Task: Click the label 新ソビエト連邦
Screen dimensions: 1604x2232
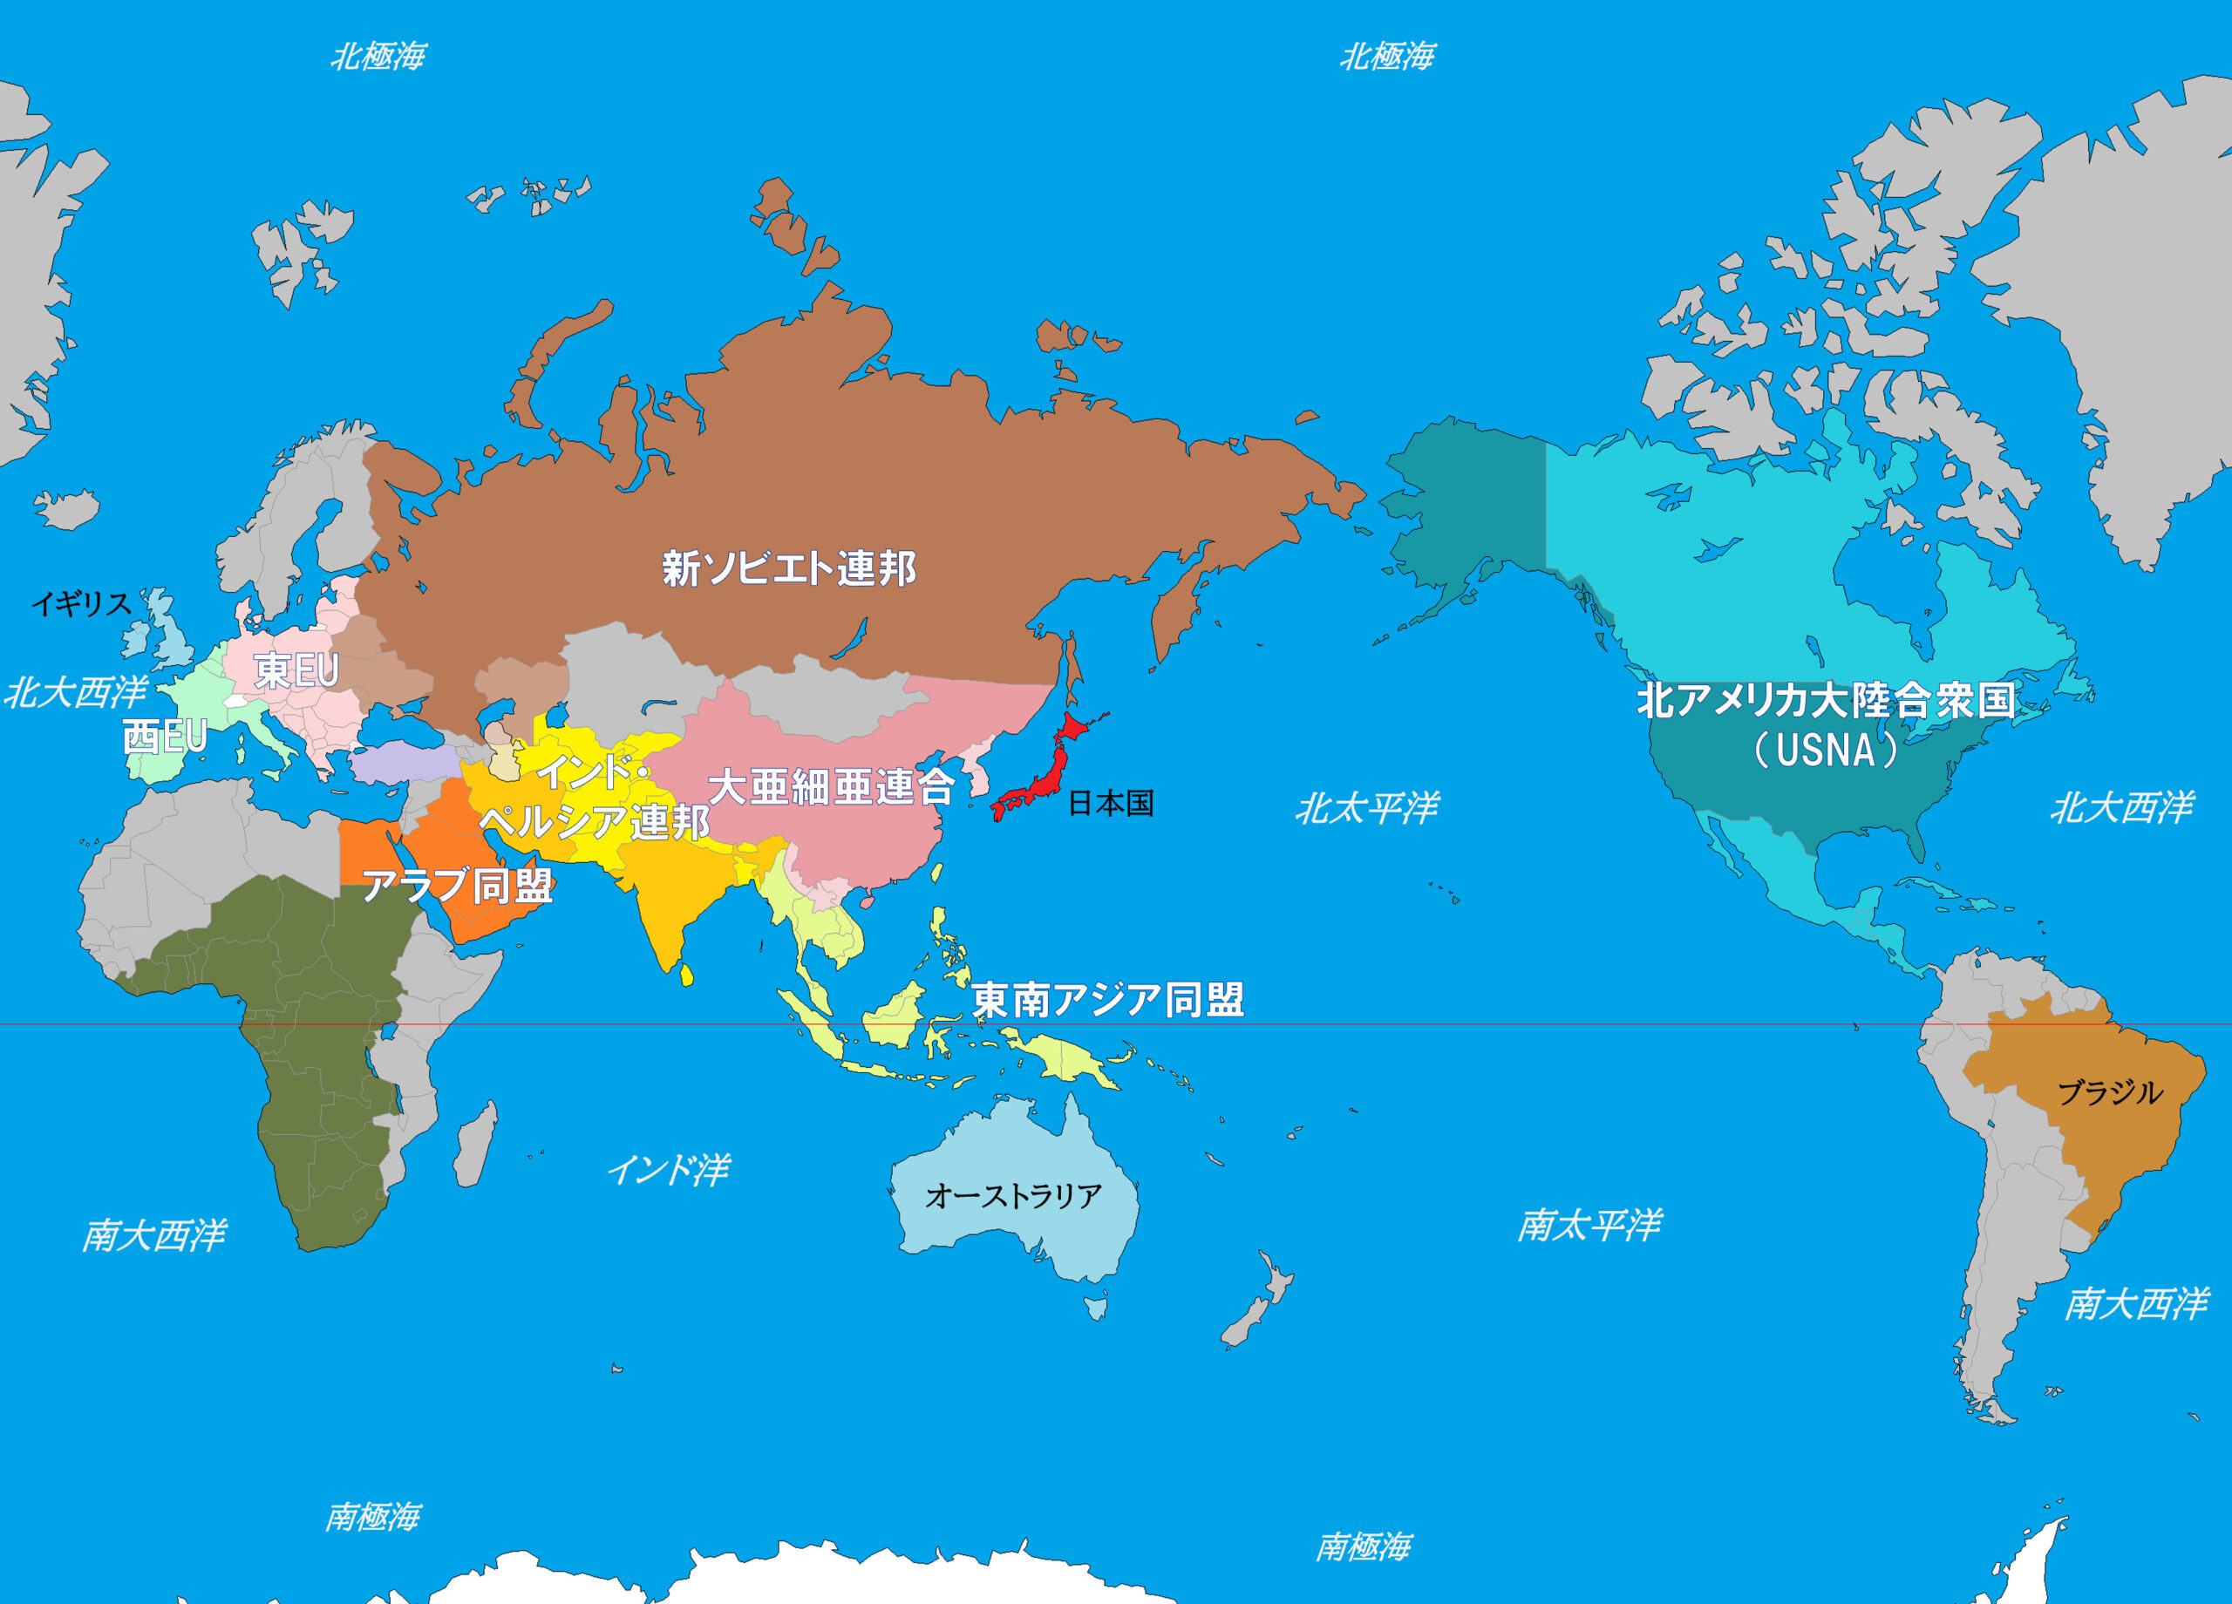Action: [x=788, y=568]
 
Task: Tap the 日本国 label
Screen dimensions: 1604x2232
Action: [x=1110, y=803]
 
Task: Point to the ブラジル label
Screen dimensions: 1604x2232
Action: [x=2110, y=1092]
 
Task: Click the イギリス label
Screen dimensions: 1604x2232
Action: [x=82, y=603]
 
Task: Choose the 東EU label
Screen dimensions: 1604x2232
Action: [x=296, y=671]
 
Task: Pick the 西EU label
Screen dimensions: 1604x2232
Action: [x=165, y=736]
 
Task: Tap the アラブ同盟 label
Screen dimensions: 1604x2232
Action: [x=458, y=886]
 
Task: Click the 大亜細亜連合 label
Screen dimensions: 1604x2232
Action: [x=832, y=786]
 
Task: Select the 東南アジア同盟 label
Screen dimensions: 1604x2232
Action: [x=1108, y=1000]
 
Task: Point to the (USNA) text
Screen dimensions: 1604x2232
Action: [x=1826, y=750]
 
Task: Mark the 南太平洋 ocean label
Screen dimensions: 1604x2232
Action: [x=1589, y=1225]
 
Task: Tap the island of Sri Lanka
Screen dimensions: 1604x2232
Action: [x=687, y=975]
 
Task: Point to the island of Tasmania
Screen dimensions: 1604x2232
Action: [x=1095, y=1308]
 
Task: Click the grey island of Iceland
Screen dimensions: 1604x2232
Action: [x=68, y=509]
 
